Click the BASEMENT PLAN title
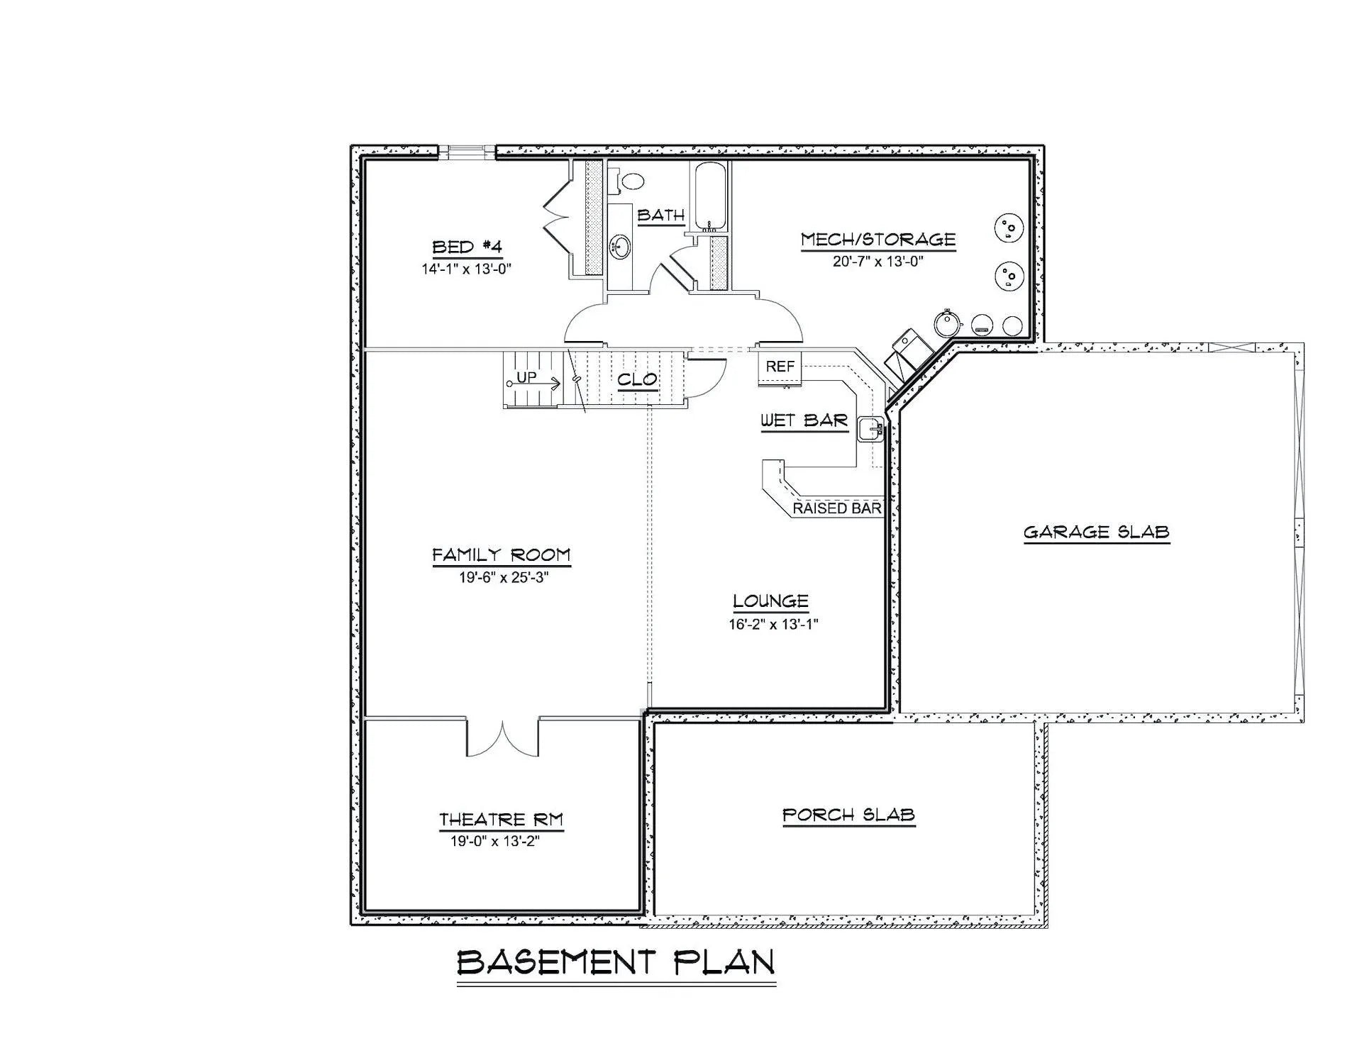616,962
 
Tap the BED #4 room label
467,247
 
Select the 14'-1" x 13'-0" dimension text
467,269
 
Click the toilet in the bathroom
627,180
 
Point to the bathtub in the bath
710,196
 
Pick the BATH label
661,215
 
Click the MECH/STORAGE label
878,240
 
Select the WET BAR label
804,420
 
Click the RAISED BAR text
837,508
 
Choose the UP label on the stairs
526,377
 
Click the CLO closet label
638,379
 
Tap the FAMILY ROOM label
502,554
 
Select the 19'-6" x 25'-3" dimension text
504,577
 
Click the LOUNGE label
770,601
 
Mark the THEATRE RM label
501,820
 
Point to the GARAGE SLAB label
1097,532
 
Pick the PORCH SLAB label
848,815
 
